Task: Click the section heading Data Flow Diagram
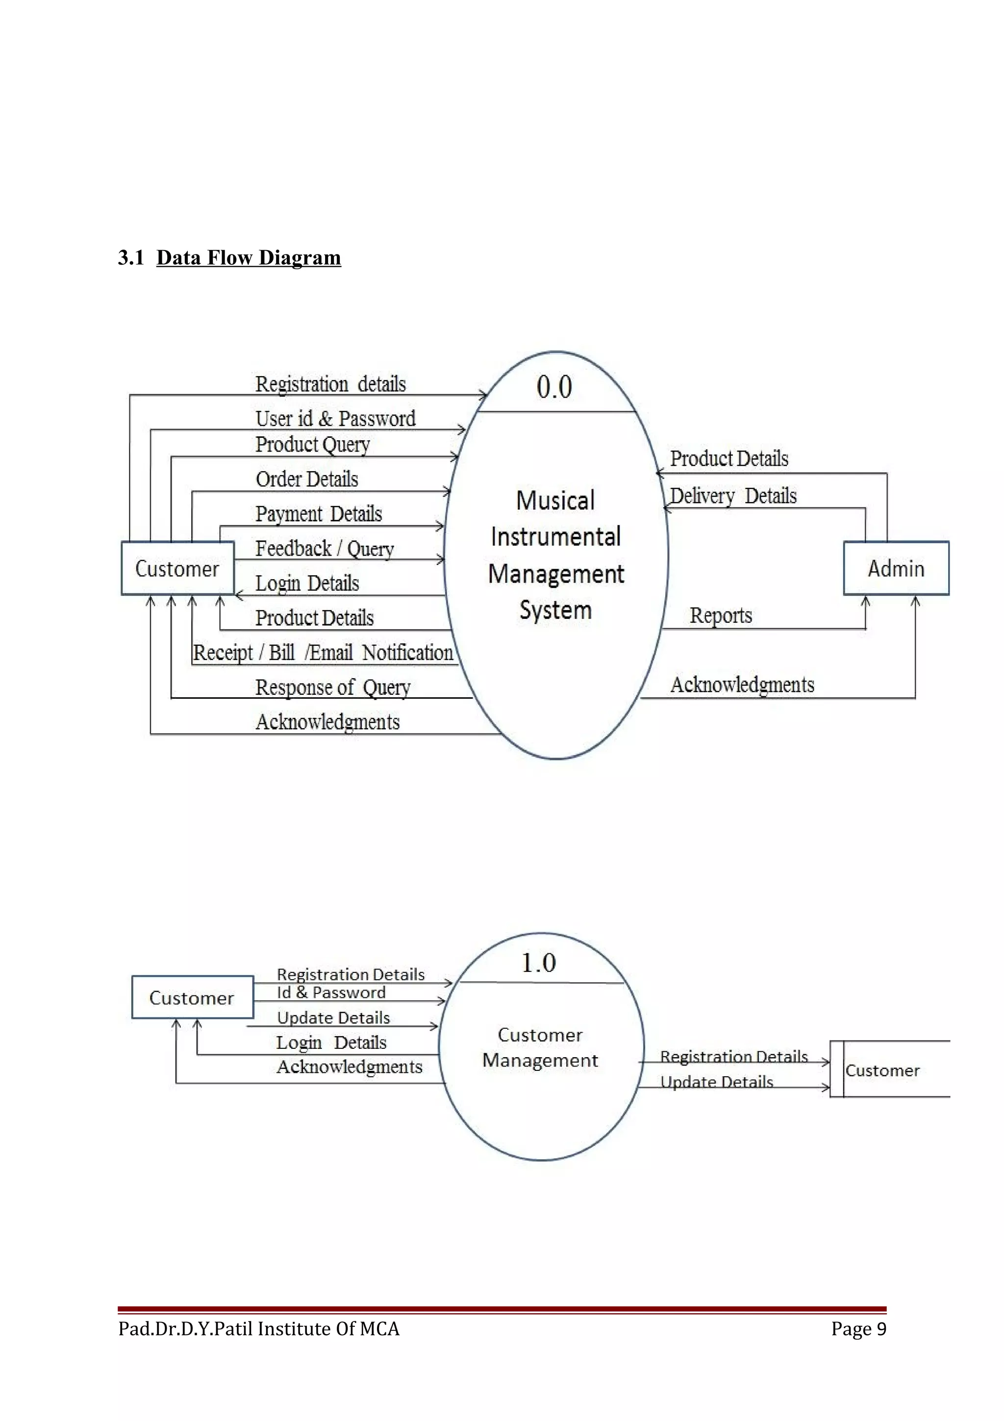point(248,257)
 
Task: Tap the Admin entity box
point(896,568)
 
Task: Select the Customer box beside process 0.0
point(177,569)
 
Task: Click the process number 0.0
point(554,387)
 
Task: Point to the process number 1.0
point(538,963)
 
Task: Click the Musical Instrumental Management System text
point(555,555)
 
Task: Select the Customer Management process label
point(540,1047)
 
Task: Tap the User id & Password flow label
point(335,419)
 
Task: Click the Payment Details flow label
point(319,514)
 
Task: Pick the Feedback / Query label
point(324,548)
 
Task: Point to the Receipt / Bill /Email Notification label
point(323,652)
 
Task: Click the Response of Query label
point(333,687)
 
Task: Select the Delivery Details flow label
point(733,496)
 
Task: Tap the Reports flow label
point(721,615)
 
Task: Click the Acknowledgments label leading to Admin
point(742,685)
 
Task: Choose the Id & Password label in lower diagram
point(331,993)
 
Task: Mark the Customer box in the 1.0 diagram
point(192,998)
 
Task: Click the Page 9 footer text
point(858,1329)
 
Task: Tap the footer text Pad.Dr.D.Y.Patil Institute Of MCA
point(258,1329)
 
